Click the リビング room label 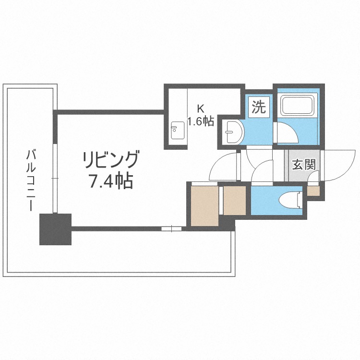[x=111, y=159]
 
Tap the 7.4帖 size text [x=111, y=181]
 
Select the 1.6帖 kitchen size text [x=201, y=121]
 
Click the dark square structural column [x=55, y=229]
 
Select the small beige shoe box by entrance [x=313, y=191]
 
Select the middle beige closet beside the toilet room [x=234, y=200]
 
